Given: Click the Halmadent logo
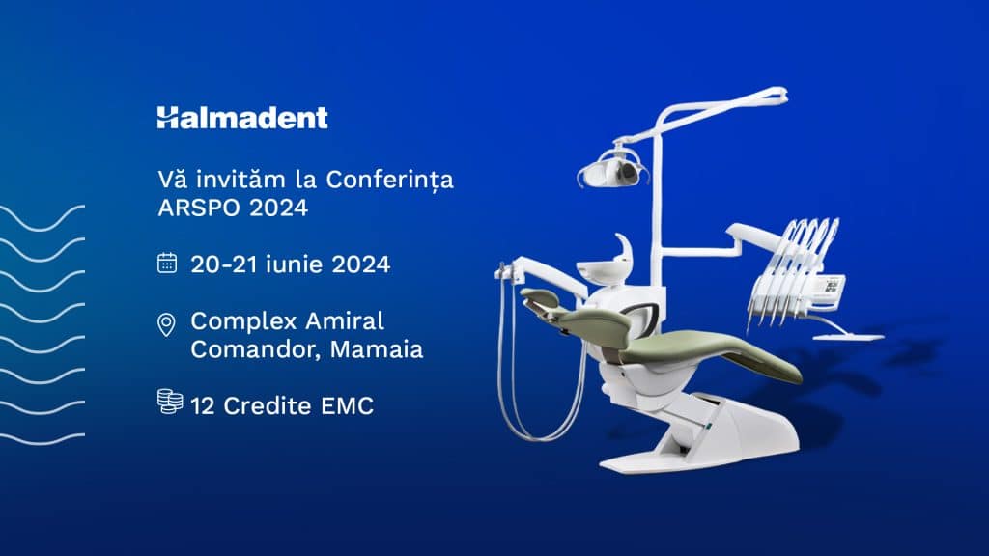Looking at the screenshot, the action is (242, 118).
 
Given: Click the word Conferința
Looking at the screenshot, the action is (389, 181).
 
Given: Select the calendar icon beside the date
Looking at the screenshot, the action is (167, 263).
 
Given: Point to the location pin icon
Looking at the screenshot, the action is (166, 325).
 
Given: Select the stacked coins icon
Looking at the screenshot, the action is (170, 402).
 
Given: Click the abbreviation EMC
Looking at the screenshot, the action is (347, 406).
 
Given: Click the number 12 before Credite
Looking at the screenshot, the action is (203, 406).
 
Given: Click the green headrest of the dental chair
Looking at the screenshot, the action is (539, 299).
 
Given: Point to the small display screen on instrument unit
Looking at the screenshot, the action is (834, 287).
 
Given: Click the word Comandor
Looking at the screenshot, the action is (254, 349).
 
